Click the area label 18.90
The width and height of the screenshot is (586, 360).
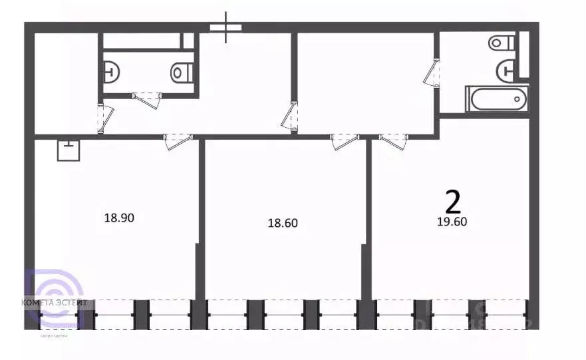(120, 217)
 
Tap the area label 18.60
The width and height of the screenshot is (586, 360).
(282, 223)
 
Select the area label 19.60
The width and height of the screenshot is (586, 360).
(452, 222)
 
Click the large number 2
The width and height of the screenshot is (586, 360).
(453, 200)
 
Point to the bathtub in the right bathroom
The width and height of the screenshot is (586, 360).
(496, 99)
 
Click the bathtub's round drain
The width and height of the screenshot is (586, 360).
(517, 99)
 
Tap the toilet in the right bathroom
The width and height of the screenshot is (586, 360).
(502, 43)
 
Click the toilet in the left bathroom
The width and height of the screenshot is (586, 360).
(181, 71)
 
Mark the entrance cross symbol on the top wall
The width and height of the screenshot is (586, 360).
(226, 27)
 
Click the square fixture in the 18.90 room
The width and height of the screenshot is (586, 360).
(69, 150)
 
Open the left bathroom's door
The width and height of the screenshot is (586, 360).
(147, 100)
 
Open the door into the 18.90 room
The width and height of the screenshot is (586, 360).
(178, 140)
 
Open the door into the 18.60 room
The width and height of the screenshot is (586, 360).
(345, 140)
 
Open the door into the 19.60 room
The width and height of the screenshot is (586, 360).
(393, 140)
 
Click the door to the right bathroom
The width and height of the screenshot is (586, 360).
(432, 73)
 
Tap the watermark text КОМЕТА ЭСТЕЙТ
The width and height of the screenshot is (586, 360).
(55, 302)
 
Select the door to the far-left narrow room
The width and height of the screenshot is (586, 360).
(103, 119)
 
